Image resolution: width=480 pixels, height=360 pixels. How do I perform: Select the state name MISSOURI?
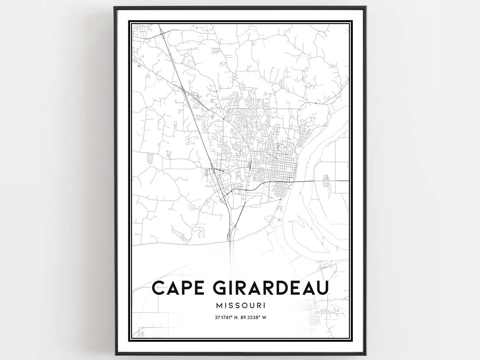[240, 306]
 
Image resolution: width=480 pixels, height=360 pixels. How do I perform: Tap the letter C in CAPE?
[159, 288]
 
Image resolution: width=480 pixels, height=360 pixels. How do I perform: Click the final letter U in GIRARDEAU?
[322, 288]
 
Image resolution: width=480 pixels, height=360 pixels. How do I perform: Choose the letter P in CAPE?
[183, 288]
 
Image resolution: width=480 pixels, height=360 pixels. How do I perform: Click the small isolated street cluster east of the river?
[326, 181]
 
